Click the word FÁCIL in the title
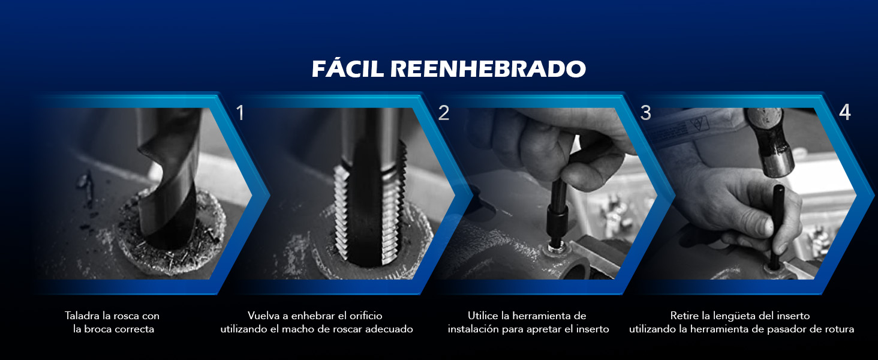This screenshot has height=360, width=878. pos(348,69)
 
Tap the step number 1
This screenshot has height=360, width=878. pos(240,113)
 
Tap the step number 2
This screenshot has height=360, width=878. pos(443,113)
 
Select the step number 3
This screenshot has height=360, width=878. pos(645,113)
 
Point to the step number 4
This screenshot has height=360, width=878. pos(844,113)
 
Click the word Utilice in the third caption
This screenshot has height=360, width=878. pos(483,316)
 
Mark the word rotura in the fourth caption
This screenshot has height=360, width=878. pos(838,329)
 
